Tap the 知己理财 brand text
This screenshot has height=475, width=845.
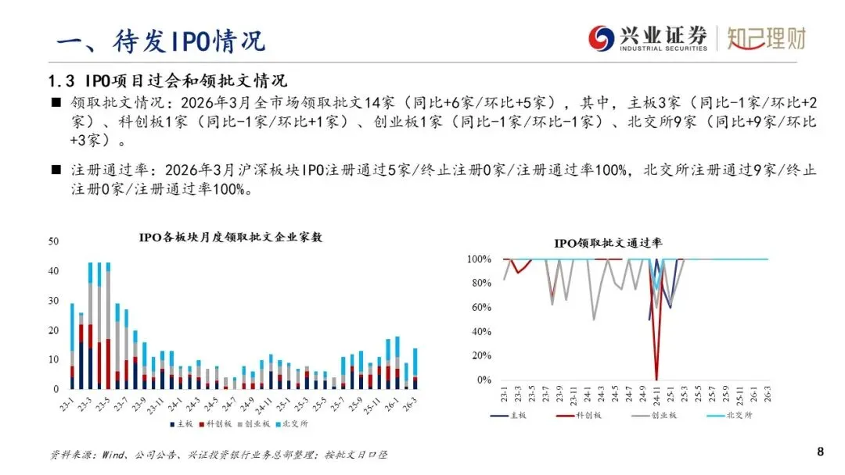tap(766, 37)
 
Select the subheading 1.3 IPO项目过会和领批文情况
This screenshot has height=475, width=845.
tap(168, 80)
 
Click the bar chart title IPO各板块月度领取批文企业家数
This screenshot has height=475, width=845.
tap(230, 237)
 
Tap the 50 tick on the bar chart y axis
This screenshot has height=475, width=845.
tap(54, 241)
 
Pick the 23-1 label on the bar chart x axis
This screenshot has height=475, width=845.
tap(72, 404)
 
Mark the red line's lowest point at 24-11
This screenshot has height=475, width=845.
tap(656, 379)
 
